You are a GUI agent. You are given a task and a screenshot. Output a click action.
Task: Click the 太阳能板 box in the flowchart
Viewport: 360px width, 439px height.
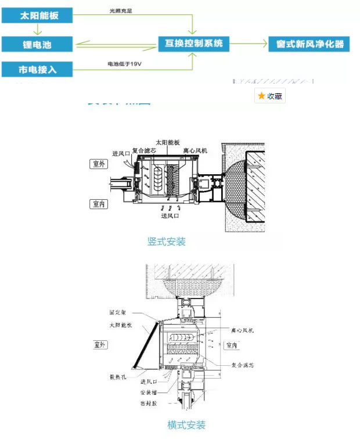pos(38,15)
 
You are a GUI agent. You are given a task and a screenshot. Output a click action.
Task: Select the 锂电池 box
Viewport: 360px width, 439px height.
pos(38,44)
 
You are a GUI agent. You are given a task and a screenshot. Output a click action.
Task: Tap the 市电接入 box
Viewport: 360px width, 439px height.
pos(38,70)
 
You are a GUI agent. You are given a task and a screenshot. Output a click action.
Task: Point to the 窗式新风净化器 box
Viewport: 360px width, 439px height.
pos(309,44)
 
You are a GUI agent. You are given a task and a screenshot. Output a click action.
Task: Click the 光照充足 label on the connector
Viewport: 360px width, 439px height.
pos(121,10)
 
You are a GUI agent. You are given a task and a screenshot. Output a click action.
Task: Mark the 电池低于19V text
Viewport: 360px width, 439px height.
pos(124,63)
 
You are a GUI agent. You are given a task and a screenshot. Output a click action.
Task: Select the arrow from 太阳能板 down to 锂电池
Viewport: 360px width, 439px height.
pos(38,29)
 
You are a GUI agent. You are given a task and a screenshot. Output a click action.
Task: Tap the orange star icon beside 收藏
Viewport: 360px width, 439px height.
pos(262,96)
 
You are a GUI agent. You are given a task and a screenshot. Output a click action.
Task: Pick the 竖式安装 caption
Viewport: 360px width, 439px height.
pos(167,241)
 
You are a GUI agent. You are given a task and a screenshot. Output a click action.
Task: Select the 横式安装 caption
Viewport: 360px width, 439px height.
pos(186,425)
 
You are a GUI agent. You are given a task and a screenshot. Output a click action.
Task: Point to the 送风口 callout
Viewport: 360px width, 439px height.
pos(170,216)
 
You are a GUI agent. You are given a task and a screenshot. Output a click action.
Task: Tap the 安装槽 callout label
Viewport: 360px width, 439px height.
pos(149,392)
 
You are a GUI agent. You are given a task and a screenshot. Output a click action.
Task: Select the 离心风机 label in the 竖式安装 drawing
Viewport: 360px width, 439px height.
pos(196,151)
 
